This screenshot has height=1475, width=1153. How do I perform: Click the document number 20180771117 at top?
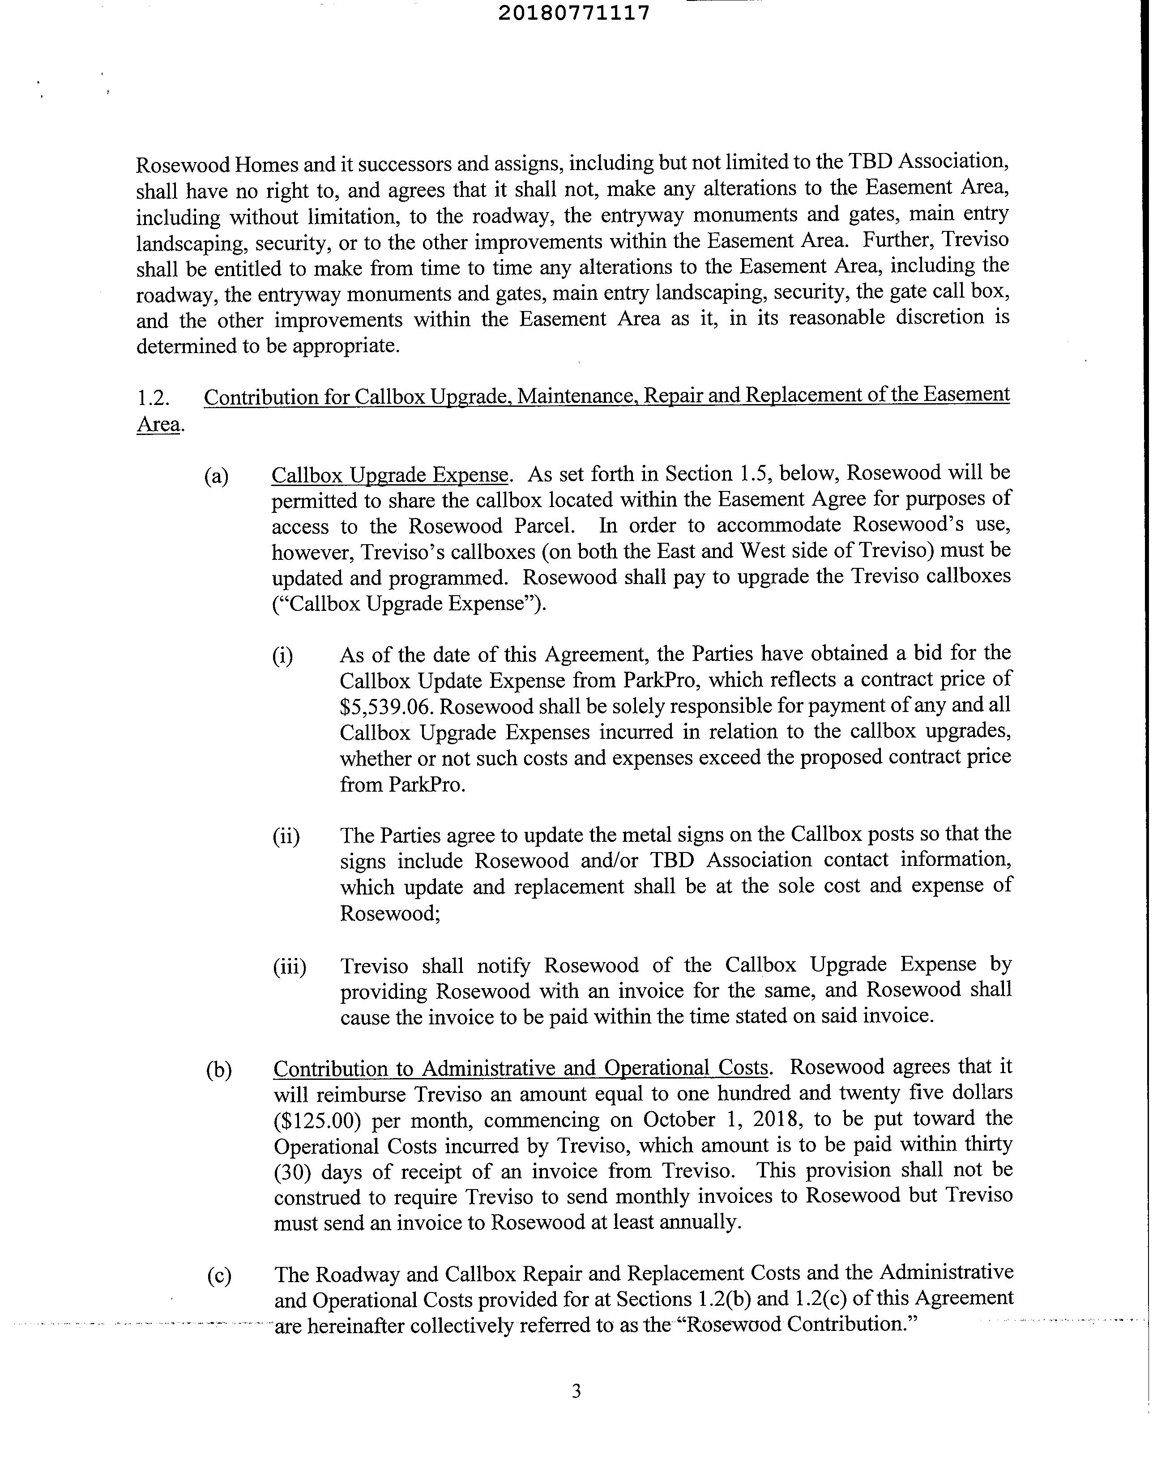tap(574, 13)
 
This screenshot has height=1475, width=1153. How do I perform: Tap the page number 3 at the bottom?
tap(576, 1391)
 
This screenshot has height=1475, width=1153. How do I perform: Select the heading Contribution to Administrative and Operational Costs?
tap(521, 1068)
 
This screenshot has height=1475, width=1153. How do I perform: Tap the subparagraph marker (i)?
tap(282, 656)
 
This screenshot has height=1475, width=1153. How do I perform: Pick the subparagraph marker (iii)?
tap(289, 967)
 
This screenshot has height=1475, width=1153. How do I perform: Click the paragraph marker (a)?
tap(216, 476)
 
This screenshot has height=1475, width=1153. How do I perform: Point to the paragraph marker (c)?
tap(219, 1276)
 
